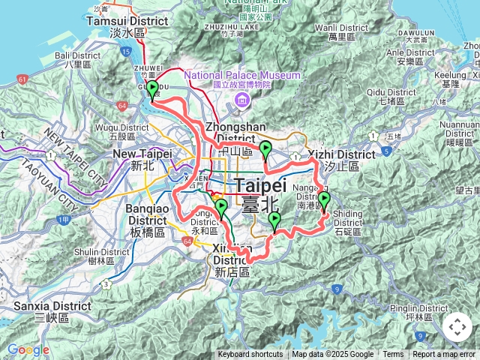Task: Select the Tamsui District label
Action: tap(138, 22)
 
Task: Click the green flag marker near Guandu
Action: tap(152, 91)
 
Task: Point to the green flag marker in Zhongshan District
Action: tap(265, 151)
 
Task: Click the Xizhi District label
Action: tap(346, 154)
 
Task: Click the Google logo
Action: tap(28, 349)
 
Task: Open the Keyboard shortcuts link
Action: tap(250, 355)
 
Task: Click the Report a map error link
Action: tap(445, 355)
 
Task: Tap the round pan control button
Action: tap(457, 328)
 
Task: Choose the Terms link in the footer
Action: tap(393, 355)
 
